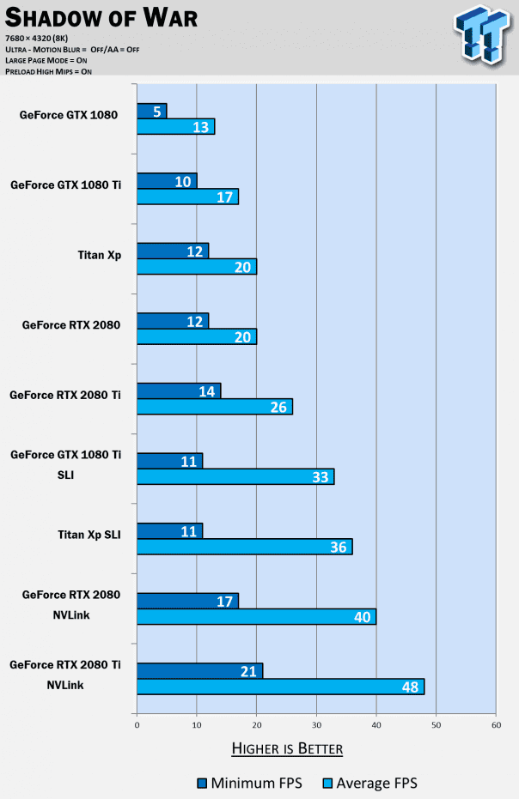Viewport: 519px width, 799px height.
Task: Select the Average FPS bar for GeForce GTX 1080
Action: [x=175, y=127]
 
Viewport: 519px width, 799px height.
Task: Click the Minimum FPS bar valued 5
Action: [x=151, y=111]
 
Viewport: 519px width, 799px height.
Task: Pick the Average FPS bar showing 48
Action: [x=280, y=687]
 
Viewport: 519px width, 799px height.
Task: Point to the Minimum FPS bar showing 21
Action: [x=199, y=670]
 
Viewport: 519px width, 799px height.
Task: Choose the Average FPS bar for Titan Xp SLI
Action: [x=244, y=547]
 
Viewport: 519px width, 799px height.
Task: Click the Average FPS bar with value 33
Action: [x=235, y=477]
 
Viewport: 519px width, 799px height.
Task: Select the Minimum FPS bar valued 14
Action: [x=179, y=390]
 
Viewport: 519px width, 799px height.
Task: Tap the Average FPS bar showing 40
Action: [x=256, y=616]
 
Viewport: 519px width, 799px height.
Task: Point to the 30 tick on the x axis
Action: [x=316, y=725]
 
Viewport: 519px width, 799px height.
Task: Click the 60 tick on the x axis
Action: [x=496, y=725]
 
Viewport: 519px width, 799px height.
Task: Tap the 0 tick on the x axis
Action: [x=137, y=725]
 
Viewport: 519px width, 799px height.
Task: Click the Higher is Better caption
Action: [x=287, y=749]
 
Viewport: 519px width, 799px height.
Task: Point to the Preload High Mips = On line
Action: [x=49, y=71]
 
